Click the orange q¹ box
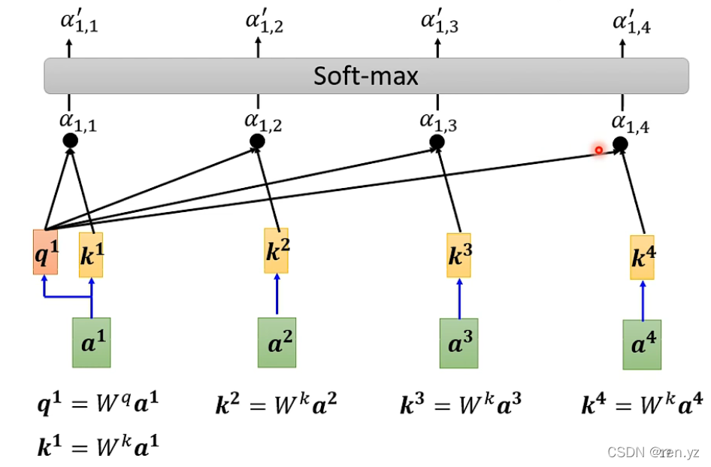pyautogui.click(x=45, y=252)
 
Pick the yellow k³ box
pyautogui.click(x=458, y=255)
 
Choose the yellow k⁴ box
pyautogui.click(x=642, y=258)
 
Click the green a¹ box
pyautogui.click(x=91, y=342)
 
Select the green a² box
pyautogui.click(x=277, y=342)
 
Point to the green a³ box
pyautogui.click(x=458, y=343)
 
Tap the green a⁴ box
pyautogui.click(x=642, y=344)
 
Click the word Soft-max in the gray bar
pyautogui.click(x=366, y=76)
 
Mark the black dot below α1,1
pyautogui.click(x=70, y=141)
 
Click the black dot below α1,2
pyautogui.click(x=257, y=141)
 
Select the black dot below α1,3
pyautogui.click(x=437, y=141)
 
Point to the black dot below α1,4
pyautogui.click(x=620, y=144)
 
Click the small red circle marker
pyautogui.click(x=598, y=150)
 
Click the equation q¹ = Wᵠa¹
pyautogui.click(x=98, y=406)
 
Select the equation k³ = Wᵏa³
pyautogui.click(x=459, y=406)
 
